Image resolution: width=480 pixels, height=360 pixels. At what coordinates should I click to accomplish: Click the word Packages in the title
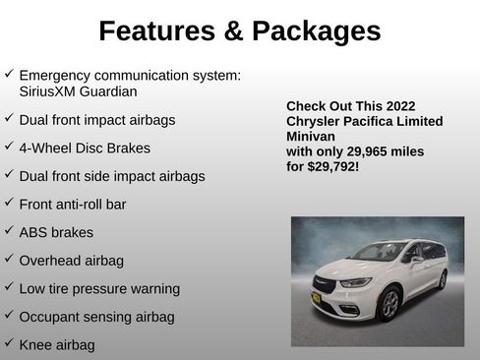[x=315, y=31]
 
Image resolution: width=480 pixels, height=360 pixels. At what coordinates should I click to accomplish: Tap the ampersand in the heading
[x=233, y=31]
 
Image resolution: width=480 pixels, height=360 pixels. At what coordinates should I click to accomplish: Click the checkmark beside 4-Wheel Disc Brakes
[x=9, y=147]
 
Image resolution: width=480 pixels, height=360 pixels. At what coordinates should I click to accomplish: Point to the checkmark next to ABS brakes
[x=9, y=231]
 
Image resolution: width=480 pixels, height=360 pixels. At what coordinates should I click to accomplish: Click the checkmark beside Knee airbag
[x=9, y=344]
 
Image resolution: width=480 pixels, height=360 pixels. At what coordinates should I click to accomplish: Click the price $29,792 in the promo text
[x=334, y=167]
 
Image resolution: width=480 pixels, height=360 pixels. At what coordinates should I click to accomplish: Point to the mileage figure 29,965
[x=364, y=152]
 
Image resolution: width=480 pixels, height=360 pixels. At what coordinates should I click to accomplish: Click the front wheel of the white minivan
[x=390, y=304]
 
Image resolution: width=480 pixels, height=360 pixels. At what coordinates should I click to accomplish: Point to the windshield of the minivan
[x=380, y=253]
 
